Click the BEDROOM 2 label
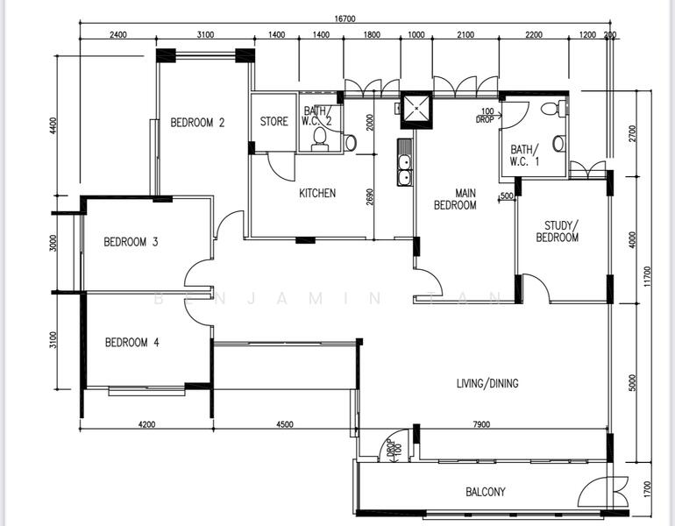click(197, 123)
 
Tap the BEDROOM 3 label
click(131, 242)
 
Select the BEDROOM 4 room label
click(131, 343)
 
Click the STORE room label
click(274, 122)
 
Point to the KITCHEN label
click(317, 193)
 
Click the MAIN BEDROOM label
click(455, 199)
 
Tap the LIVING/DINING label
click(487, 383)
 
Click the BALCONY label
click(485, 492)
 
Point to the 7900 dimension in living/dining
click(481, 425)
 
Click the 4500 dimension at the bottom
click(284, 425)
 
